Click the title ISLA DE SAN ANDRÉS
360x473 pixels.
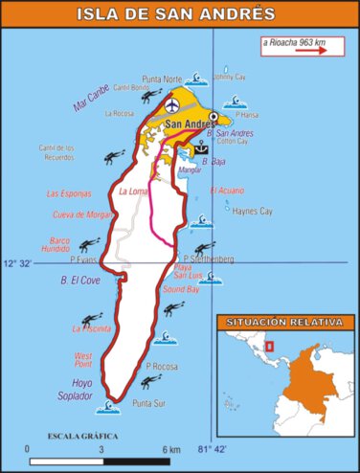(181, 13)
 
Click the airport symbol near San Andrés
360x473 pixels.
(172, 104)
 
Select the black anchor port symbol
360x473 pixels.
(201, 148)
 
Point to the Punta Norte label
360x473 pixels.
(161, 79)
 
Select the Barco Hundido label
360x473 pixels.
(74, 245)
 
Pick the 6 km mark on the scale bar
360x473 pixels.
(171, 448)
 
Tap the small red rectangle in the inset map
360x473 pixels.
(270, 346)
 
